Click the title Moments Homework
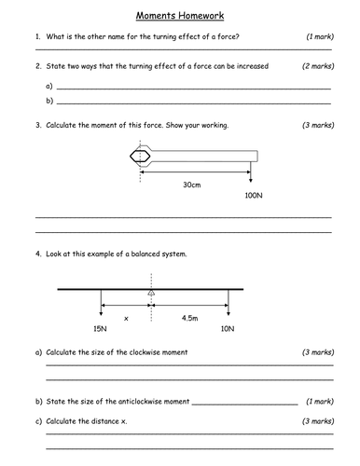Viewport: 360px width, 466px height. pos(180,16)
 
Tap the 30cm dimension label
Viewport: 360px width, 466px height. pos(192,185)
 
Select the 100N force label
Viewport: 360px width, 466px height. pos(251,197)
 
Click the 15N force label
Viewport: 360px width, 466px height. pos(101,329)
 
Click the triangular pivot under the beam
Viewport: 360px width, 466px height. pos(150,295)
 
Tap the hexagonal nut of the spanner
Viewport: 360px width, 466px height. pos(141,155)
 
